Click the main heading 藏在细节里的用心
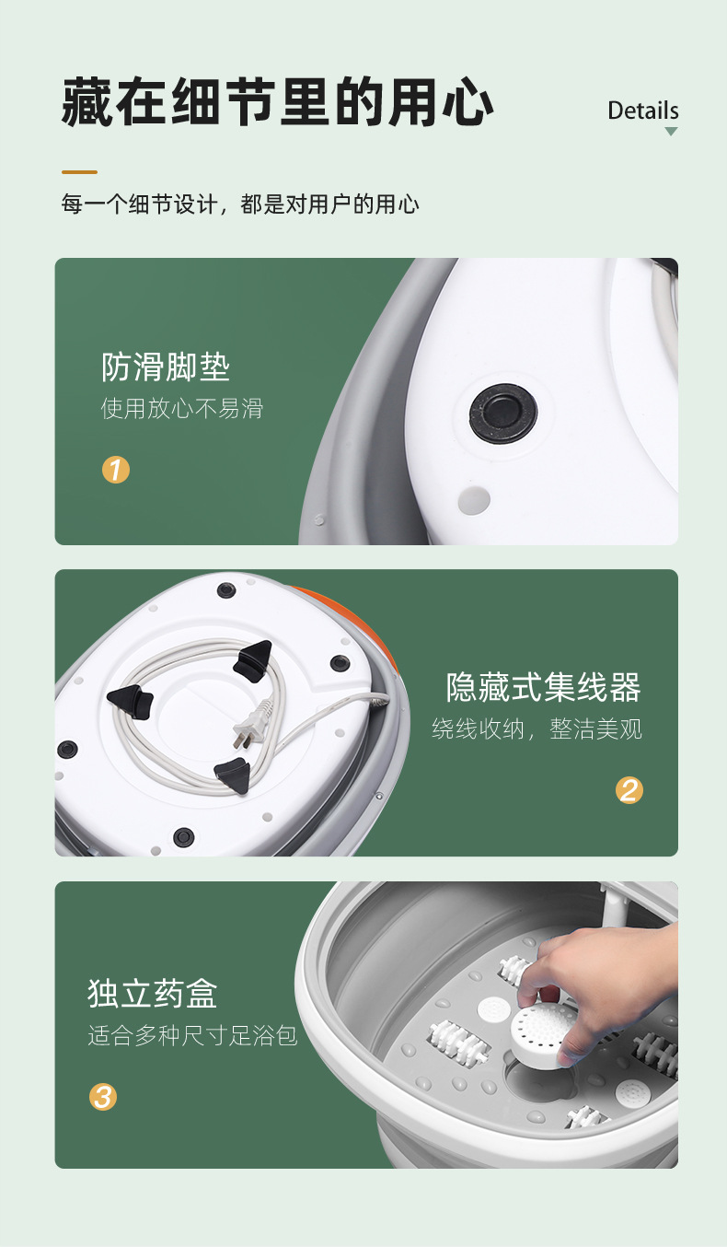coord(277,103)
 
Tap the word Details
coord(642,111)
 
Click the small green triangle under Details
coord(671,132)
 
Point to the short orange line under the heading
coord(79,172)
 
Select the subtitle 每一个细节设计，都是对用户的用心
coord(240,204)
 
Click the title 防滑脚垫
coord(166,367)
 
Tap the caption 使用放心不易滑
coord(181,408)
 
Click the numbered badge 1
coord(116,470)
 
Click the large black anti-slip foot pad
coord(503,414)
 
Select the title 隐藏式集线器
coord(543,687)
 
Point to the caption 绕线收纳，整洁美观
coord(537,729)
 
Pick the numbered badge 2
coord(629,789)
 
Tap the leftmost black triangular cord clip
coord(127,701)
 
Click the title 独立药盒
coord(153,994)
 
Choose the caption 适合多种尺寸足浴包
coord(192,1035)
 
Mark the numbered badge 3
coord(103,1097)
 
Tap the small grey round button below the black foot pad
coord(474,500)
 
